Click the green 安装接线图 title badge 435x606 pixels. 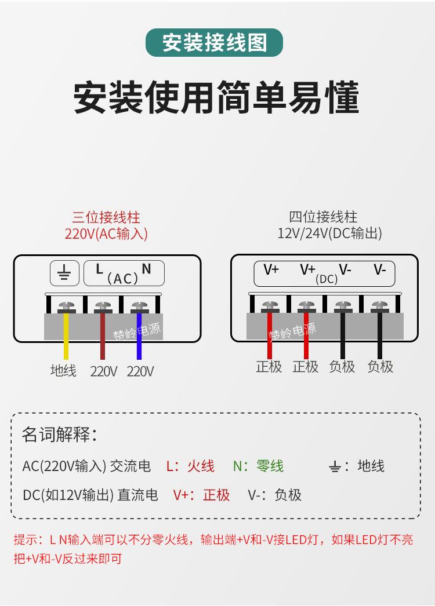pos(214,42)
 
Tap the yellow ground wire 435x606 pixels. pos(66,335)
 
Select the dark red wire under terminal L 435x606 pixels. pos(103,335)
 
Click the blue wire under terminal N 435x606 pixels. pos(139,335)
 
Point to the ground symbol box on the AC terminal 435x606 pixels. pos(64,273)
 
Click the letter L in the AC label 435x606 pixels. pos(99,269)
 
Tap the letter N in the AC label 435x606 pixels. pos(146,269)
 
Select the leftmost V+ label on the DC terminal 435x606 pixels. pos(271,269)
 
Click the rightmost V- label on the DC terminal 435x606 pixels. pos(380,269)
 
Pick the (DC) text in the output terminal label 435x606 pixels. pos(327,279)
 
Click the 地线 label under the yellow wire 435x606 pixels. pos(63,370)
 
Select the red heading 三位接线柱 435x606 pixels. pos(106,217)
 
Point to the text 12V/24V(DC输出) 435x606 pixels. pos(330,233)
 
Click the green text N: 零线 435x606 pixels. pos(258,466)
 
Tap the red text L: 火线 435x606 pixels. pos(190,466)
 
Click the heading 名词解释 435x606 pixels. pos(59,435)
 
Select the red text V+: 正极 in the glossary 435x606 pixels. pos(201,495)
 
